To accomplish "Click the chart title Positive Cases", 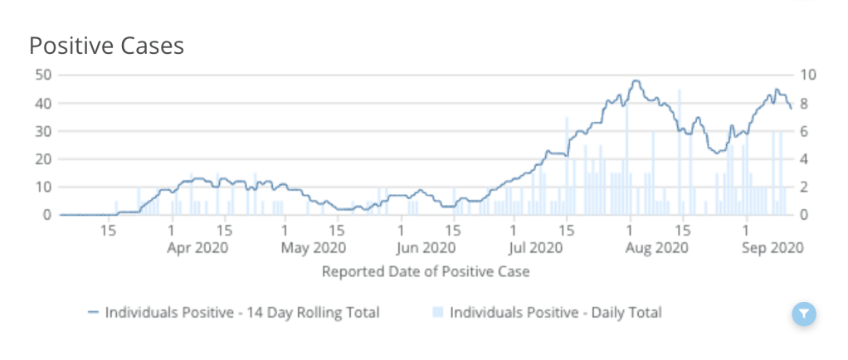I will [x=106, y=46].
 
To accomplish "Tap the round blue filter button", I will [x=804, y=314].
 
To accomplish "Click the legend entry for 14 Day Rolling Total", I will [x=233, y=313].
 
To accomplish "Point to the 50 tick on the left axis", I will [x=42, y=75].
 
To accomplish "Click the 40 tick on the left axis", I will [x=42, y=103].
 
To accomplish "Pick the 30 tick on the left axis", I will [x=42, y=131].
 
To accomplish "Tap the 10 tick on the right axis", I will [x=808, y=75].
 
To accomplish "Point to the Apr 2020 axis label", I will [x=197, y=247].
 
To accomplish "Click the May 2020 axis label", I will [x=312, y=247].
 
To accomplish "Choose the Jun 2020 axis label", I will [x=426, y=247].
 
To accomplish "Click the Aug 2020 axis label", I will [x=655, y=247].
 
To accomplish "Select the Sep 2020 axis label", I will [x=772, y=247].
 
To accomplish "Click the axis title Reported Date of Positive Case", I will [x=425, y=271].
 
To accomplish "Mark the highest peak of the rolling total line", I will [x=636, y=80].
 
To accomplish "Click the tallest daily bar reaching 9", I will [x=680, y=90].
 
